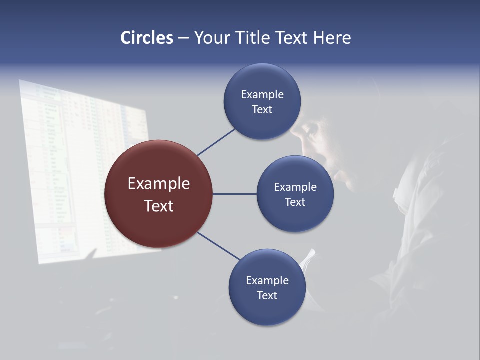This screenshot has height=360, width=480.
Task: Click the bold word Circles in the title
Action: (x=147, y=38)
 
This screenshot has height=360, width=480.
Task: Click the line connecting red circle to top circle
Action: (x=216, y=142)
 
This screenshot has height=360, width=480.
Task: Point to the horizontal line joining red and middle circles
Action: (x=234, y=194)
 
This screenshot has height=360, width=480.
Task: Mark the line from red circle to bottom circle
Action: (x=219, y=246)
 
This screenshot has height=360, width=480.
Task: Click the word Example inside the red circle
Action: (x=158, y=184)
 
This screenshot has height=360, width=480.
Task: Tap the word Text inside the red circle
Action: (x=158, y=206)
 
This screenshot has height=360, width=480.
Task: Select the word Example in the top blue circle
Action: (x=262, y=95)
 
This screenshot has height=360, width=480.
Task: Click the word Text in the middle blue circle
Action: (x=295, y=202)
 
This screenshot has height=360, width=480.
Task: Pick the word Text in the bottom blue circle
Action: (x=267, y=296)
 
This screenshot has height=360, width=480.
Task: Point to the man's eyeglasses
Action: (x=310, y=131)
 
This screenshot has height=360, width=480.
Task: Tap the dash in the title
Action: (x=183, y=38)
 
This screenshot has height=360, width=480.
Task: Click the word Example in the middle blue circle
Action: (x=295, y=187)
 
